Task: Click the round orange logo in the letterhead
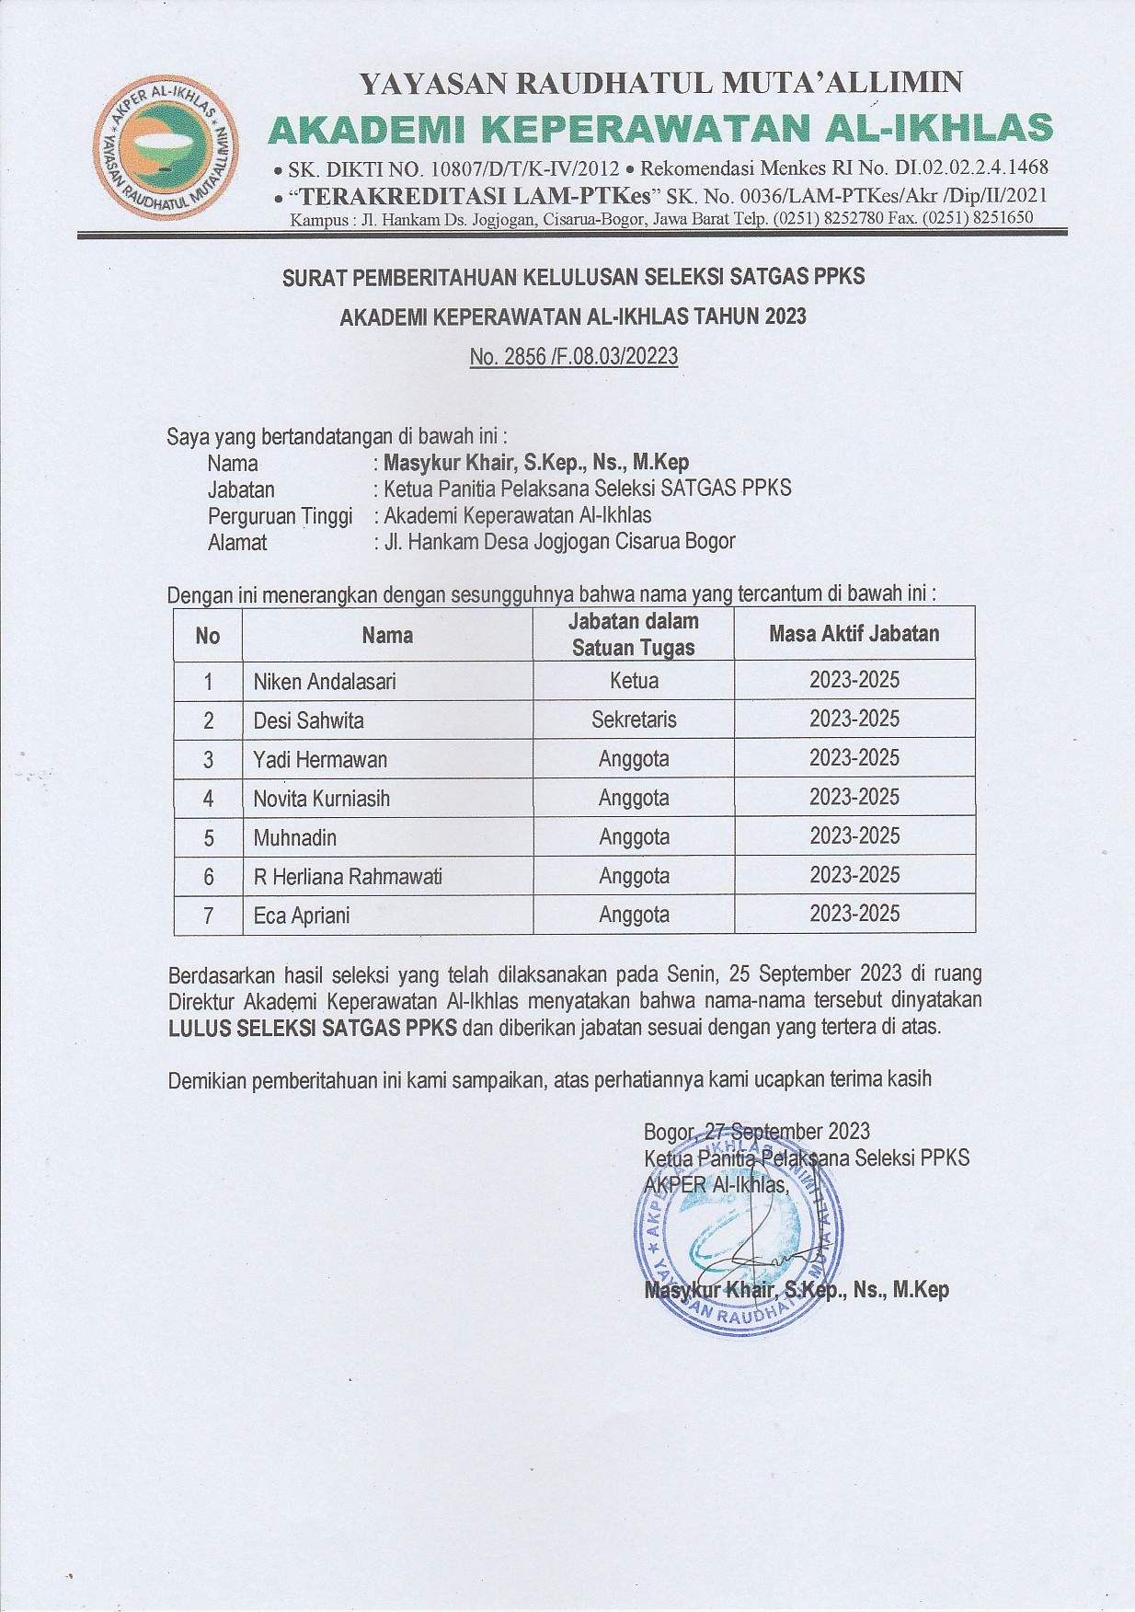[x=165, y=148]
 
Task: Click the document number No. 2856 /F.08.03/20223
[x=573, y=357]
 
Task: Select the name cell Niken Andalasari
[x=325, y=682]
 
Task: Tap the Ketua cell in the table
[x=634, y=681]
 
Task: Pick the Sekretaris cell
[x=634, y=720]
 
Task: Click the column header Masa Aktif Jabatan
[x=854, y=634]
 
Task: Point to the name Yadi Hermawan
[x=320, y=760]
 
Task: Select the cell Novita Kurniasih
[x=322, y=799]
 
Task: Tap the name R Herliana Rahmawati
[x=348, y=877]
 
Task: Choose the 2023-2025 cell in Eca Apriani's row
[x=854, y=915]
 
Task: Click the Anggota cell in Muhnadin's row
[x=634, y=837]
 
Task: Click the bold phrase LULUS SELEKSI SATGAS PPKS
[x=313, y=1028]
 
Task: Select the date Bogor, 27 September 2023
[x=756, y=1132]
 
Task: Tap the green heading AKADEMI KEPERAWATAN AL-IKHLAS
[x=659, y=129]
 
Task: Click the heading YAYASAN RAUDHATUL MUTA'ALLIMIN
[x=660, y=83]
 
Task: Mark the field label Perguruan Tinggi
[x=280, y=516]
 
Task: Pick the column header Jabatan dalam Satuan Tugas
[x=634, y=634]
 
